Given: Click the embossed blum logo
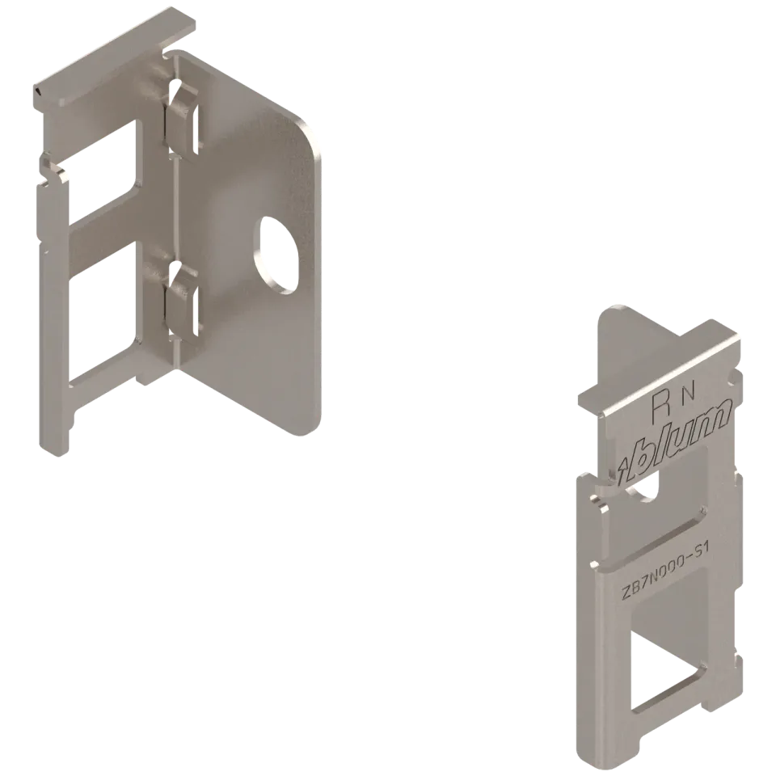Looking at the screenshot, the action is [674, 441].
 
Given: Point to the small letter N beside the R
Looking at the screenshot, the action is [690, 393].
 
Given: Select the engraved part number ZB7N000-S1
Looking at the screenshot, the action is [665, 571].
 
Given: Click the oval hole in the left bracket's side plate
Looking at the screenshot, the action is [277, 255].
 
